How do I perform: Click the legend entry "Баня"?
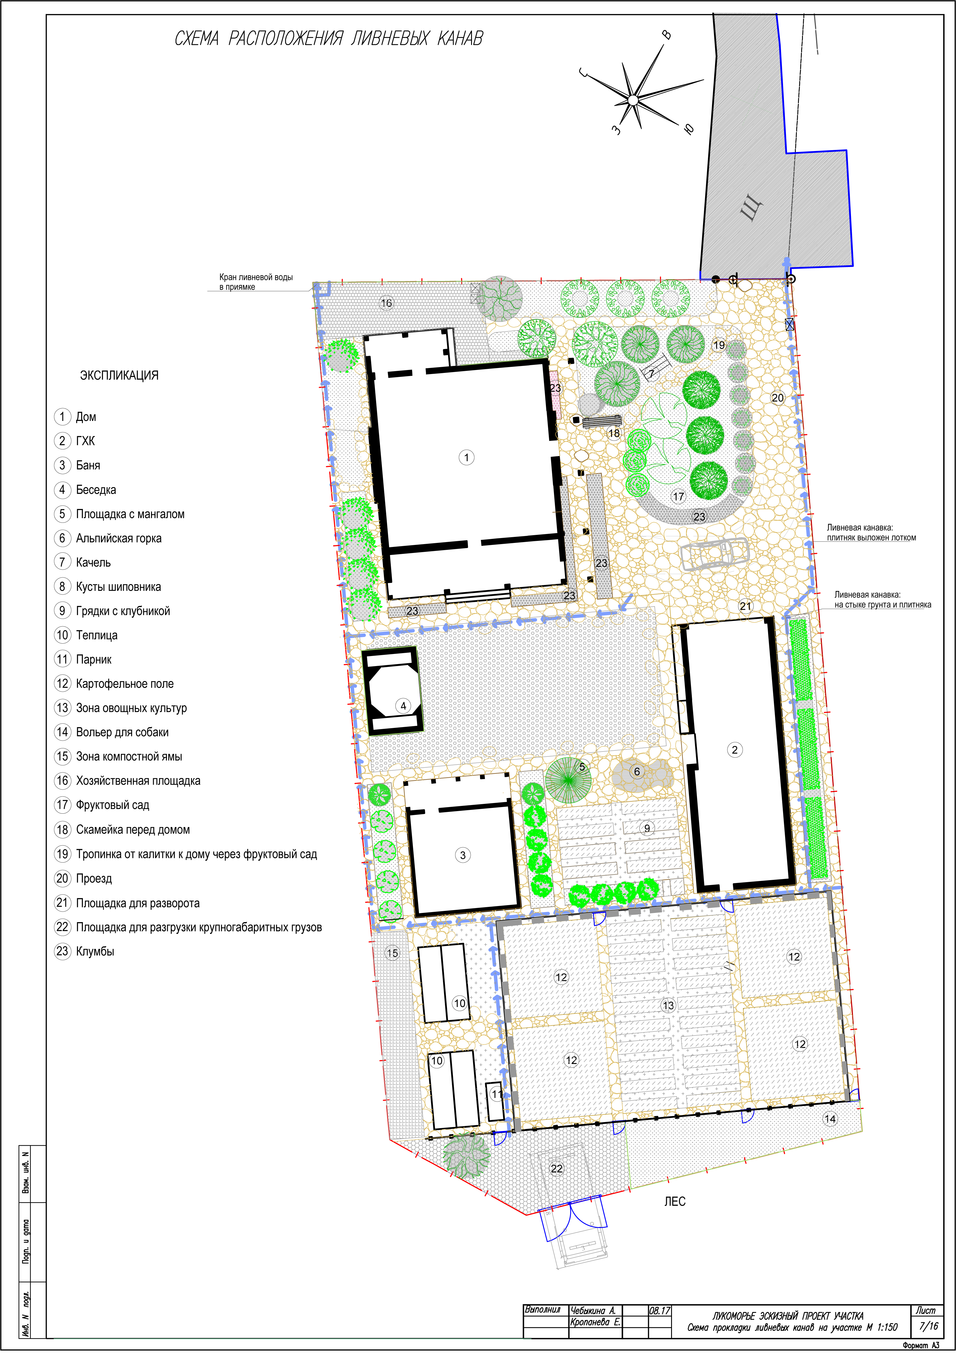pyautogui.click(x=88, y=465)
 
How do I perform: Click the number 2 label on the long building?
pyautogui.click(x=734, y=750)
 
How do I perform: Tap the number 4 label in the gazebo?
pyautogui.click(x=403, y=706)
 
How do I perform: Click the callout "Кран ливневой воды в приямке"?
pyautogui.click(x=256, y=282)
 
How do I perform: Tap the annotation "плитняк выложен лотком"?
pyautogui.click(x=871, y=538)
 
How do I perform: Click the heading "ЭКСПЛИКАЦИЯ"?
pyautogui.click(x=119, y=375)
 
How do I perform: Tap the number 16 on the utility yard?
pyautogui.click(x=386, y=303)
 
